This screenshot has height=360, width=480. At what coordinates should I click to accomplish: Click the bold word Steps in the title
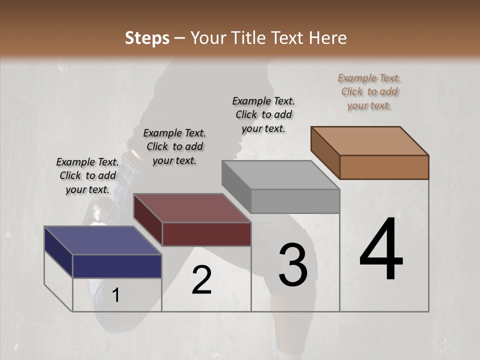tap(147, 38)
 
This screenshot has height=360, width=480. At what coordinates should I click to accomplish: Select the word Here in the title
tap(328, 38)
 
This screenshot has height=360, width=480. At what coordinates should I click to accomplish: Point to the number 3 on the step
tap(293, 265)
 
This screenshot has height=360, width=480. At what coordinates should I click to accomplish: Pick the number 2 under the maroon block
tap(201, 280)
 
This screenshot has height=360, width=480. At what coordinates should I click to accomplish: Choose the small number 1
tap(116, 295)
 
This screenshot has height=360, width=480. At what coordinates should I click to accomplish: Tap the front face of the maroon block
tap(206, 234)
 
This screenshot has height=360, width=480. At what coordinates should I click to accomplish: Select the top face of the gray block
tap(280, 175)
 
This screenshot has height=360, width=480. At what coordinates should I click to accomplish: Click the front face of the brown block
tap(384, 167)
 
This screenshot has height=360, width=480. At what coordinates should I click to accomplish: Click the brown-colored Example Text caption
tap(369, 91)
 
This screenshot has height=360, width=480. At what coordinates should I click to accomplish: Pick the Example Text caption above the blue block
tap(87, 175)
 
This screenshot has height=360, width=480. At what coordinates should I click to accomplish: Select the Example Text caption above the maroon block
tap(174, 146)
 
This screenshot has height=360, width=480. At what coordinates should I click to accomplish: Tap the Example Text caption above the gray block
tap(263, 114)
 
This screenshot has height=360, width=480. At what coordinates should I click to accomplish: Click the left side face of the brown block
tap(325, 152)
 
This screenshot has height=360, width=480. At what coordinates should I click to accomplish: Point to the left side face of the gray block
tap(236, 186)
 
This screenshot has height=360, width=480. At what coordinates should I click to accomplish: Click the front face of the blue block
tap(117, 266)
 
